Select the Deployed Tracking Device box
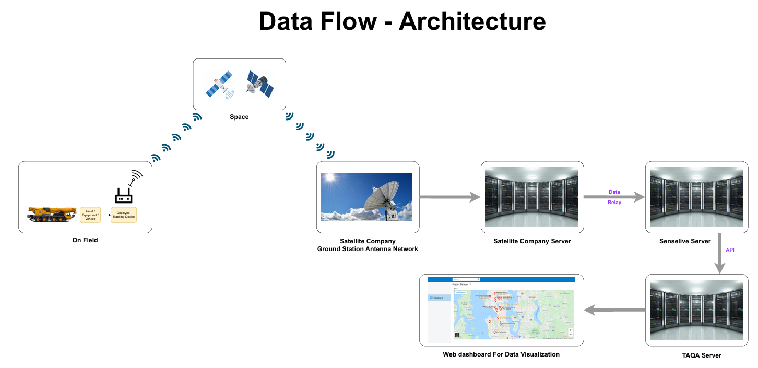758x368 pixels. (124, 215)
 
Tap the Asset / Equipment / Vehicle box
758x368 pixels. (90, 215)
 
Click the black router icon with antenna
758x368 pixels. (124, 195)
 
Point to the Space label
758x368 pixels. (239, 117)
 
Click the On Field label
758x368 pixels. (85, 240)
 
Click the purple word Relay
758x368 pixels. (614, 203)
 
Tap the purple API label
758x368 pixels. (730, 250)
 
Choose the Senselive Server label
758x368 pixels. (685, 241)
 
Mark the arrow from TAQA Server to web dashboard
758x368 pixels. (614, 310)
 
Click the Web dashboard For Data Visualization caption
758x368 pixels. (501, 354)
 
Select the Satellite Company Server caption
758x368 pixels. (532, 241)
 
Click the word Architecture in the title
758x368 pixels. (472, 21)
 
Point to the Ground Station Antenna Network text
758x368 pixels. (368, 249)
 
